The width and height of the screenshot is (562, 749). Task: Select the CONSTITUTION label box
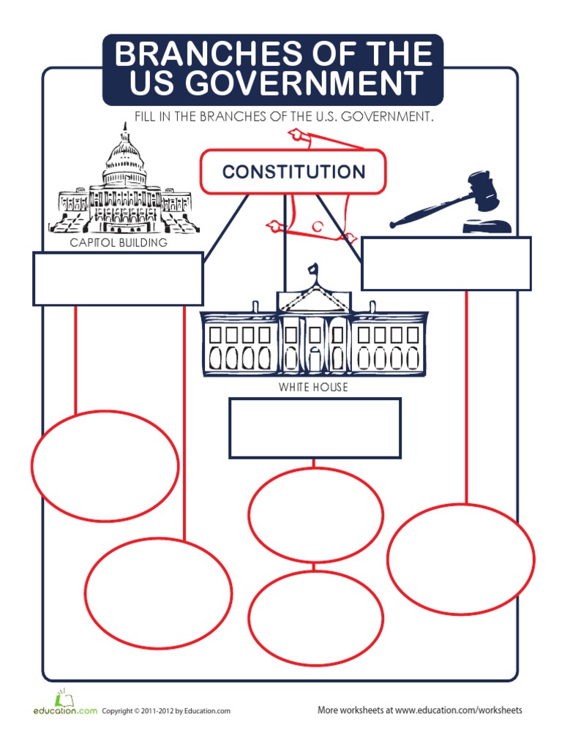tap(293, 172)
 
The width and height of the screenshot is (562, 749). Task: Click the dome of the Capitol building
tap(124, 157)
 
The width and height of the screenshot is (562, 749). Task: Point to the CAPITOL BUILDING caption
tap(119, 243)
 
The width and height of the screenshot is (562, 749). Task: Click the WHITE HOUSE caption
tap(313, 387)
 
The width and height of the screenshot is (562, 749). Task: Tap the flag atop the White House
tap(315, 269)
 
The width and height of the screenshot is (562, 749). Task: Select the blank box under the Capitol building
tap(118, 279)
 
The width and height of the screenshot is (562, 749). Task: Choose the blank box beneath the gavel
tap(446, 263)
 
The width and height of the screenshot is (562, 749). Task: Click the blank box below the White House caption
tap(315, 428)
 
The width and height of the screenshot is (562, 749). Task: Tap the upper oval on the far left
tap(105, 466)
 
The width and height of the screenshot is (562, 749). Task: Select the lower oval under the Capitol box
tap(158, 593)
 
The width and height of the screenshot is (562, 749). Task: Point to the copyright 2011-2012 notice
tap(166, 710)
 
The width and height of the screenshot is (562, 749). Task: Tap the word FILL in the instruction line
tap(146, 116)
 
